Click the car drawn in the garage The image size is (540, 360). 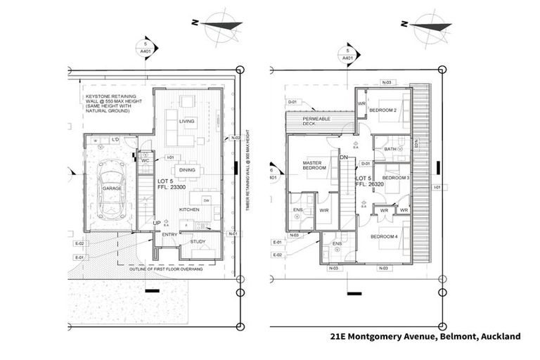click(x=112, y=191)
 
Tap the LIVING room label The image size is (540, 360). click(x=186, y=121)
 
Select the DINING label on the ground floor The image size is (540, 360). click(x=187, y=169)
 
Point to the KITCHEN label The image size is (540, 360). click(x=189, y=210)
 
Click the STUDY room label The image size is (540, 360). click(x=198, y=242)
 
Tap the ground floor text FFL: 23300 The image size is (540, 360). click(x=170, y=187)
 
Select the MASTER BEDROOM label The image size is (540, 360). click(x=311, y=166)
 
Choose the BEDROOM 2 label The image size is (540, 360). click(x=384, y=110)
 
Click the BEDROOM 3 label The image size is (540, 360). click(x=395, y=178)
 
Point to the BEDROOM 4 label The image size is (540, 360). click(x=385, y=236)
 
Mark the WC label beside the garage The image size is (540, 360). click(x=145, y=160)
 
